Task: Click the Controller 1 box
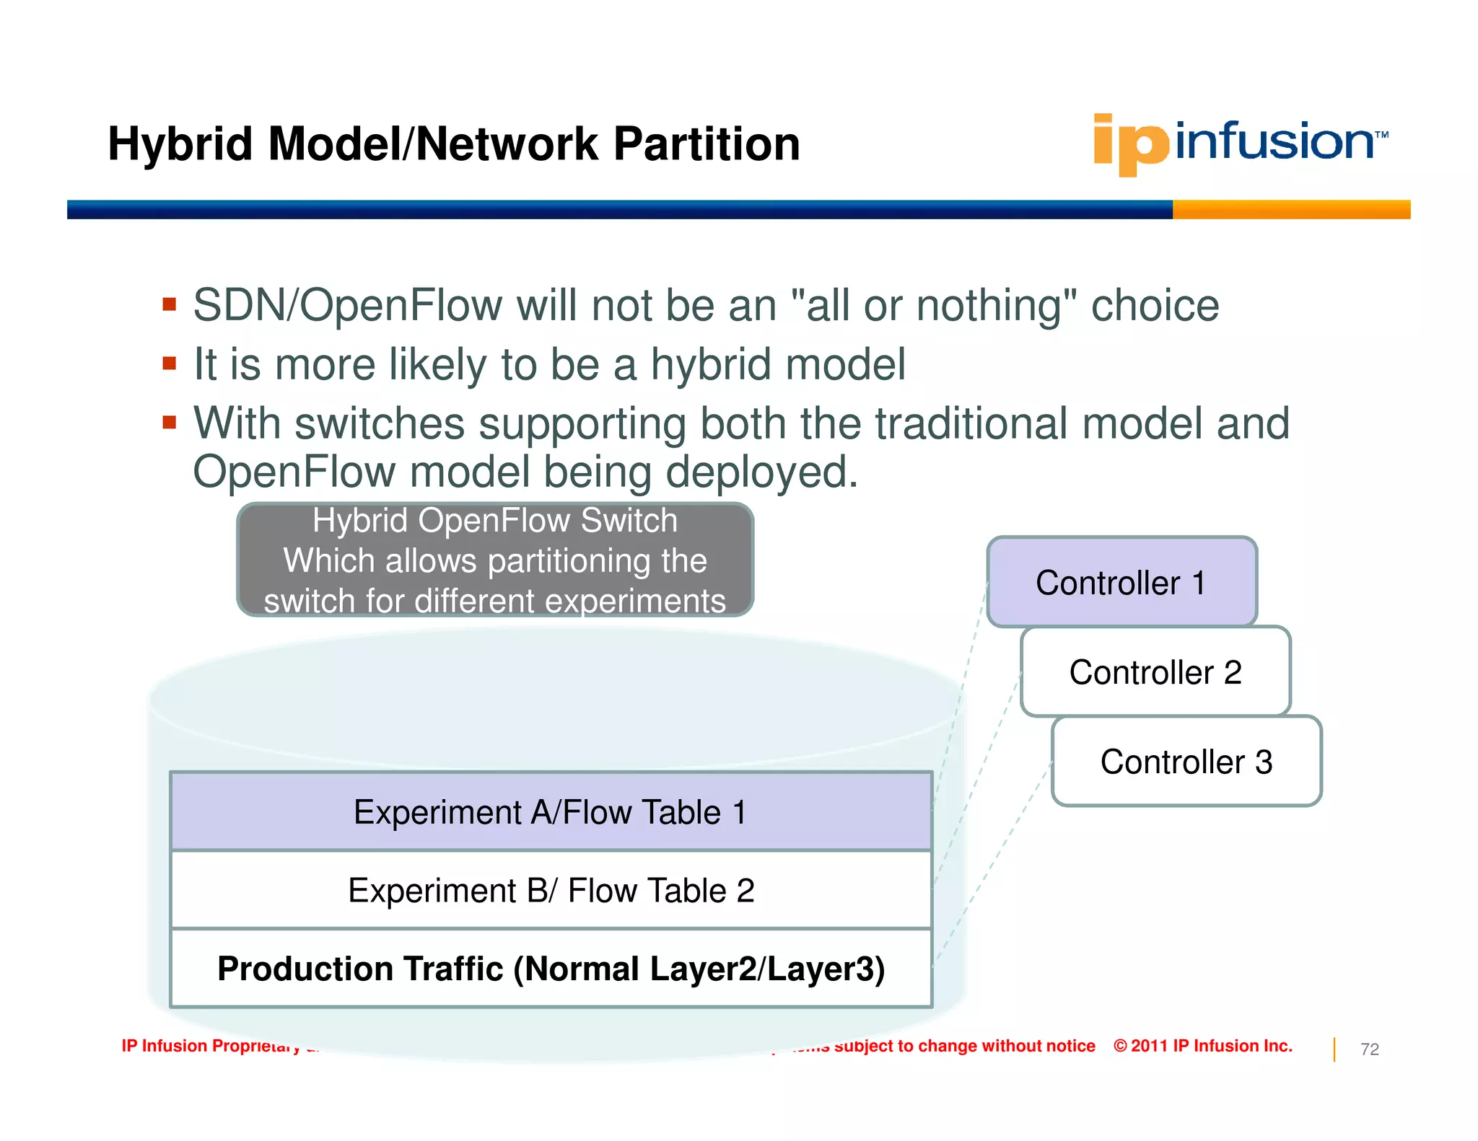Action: point(1121,582)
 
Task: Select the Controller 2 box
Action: point(1155,671)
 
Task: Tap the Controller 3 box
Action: point(1186,762)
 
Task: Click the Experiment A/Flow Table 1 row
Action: point(551,812)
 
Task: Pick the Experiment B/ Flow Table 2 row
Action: point(551,890)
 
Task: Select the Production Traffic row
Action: point(551,969)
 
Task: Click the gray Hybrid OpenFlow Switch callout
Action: point(495,560)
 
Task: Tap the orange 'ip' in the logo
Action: point(1129,144)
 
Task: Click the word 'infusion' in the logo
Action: point(1274,141)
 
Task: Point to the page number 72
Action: point(1369,1049)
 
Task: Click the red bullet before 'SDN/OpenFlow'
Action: point(170,304)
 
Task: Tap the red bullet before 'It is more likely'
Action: point(170,363)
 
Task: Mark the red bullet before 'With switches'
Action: point(170,422)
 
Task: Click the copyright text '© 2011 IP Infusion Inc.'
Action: point(1202,1046)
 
